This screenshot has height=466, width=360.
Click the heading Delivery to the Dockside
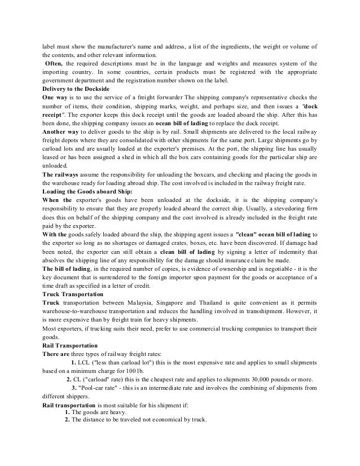(x=76, y=90)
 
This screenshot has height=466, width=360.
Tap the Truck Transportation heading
(x=73, y=294)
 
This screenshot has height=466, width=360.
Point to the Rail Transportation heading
(x=71, y=344)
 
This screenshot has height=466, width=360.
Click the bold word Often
(x=54, y=64)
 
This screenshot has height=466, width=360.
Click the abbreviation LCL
(x=78, y=362)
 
